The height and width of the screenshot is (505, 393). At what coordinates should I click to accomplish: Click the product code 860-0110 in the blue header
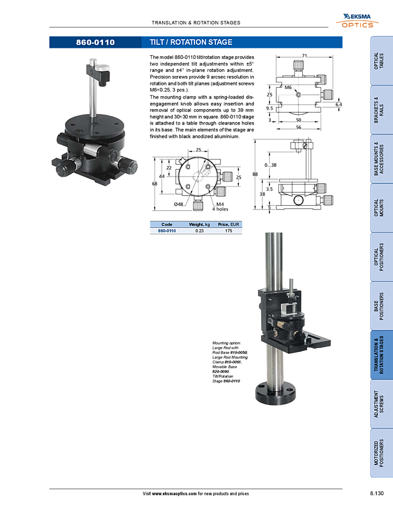coord(95,42)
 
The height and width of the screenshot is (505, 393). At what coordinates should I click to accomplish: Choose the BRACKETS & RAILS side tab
coord(381,110)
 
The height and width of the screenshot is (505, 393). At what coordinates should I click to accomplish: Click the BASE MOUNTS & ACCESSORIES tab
coord(381,159)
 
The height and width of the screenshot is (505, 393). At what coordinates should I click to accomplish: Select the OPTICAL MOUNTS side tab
coord(381,208)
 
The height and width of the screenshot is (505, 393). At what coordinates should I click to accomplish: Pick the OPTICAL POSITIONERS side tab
coord(381,257)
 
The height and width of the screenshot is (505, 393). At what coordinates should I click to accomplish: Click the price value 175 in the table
coord(227,230)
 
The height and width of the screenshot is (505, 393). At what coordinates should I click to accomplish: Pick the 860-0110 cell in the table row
coord(167,230)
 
